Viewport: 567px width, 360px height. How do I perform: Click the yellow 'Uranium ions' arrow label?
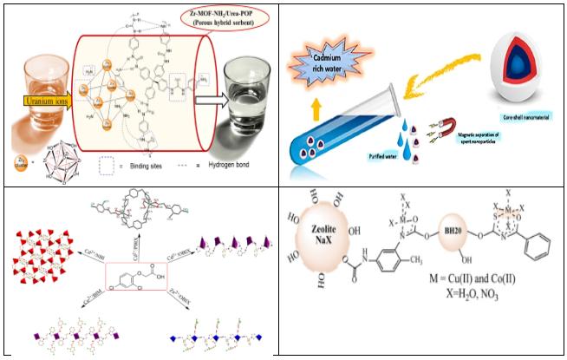click(45, 102)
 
